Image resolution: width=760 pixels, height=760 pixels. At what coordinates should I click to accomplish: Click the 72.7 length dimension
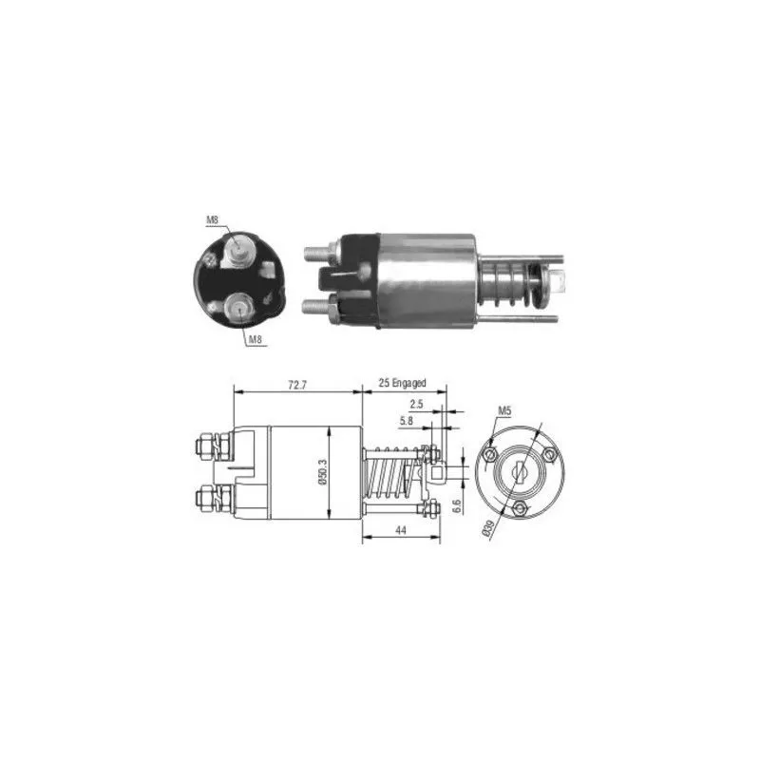point(297,386)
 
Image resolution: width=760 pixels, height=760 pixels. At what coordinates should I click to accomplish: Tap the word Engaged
point(408,383)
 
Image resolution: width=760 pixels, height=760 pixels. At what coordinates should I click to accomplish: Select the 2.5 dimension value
point(416,404)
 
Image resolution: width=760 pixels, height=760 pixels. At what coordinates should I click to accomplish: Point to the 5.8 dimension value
point(407,421)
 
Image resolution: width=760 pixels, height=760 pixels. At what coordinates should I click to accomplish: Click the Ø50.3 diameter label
point(323,471)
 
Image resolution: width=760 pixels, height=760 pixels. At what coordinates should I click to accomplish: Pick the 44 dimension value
point(400,530)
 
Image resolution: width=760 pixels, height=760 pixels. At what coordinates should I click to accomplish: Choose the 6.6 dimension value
point(456,506)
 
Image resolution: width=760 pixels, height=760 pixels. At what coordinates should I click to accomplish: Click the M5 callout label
point(504,411)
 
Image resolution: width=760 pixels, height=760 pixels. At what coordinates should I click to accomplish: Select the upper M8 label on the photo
point(212,220)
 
